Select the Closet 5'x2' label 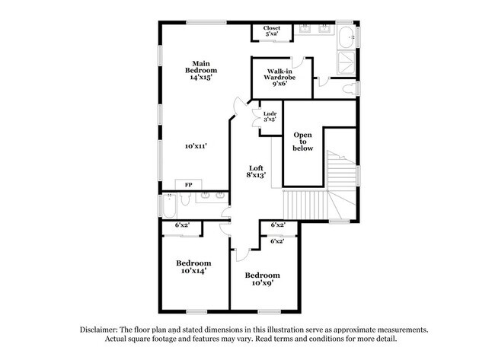pos(272,31)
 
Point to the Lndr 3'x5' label pos(269,117)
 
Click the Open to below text pos(303,142)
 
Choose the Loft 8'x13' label pos(255,171)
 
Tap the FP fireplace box pos(188,185)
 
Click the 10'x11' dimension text pos(196,145)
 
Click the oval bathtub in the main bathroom pos(346,36)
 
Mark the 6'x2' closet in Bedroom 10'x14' pos(182,225)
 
